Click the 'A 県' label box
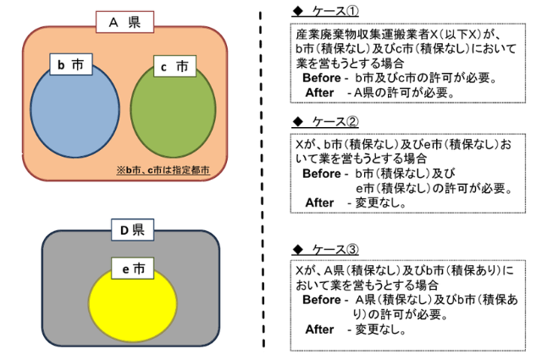(124, 23)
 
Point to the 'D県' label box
(131, 229)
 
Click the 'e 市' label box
(133, 269)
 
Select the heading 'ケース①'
(331, 11)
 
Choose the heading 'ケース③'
(331, 250)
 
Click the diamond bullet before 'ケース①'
(296, 11)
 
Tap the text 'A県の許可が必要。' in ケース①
(405, 92)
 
